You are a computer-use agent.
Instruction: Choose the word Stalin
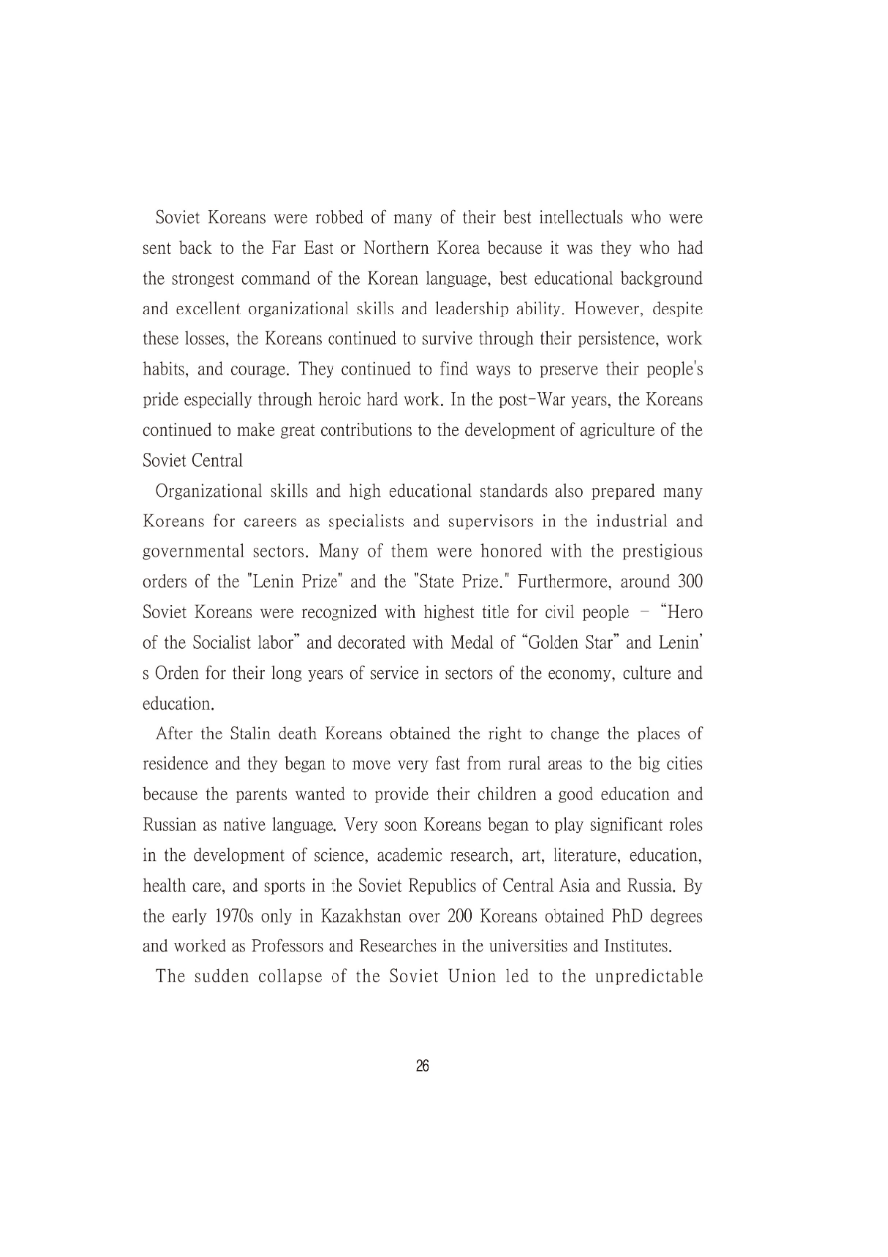click(247, 734)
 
